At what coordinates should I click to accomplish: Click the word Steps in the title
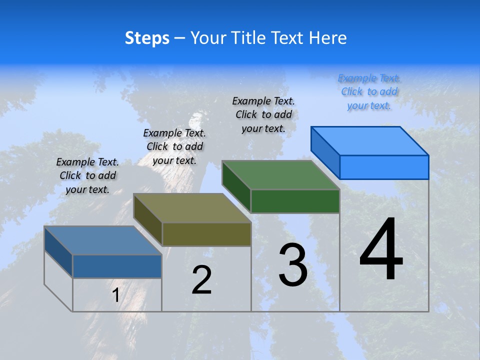(147, 38)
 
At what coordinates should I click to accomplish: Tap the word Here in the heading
(328, 38)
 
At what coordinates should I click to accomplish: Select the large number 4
(381, 250)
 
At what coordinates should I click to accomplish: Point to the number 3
(292, 265)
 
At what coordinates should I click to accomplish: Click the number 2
(201, 280)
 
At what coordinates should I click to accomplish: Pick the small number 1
(115, 295)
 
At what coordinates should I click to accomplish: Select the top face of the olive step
(192, 208)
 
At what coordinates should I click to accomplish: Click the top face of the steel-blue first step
(103, 240)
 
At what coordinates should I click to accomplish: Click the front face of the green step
(295, 201)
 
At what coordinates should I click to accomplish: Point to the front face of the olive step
(206, 234)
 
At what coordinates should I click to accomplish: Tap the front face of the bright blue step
(384, 167)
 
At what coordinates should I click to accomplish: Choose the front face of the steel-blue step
(117, 266)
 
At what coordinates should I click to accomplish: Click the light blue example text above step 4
(369, 91)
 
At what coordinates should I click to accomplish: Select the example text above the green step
(263, 114)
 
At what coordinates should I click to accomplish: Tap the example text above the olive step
(174, 146)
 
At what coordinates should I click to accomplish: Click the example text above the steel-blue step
(87, 175)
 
